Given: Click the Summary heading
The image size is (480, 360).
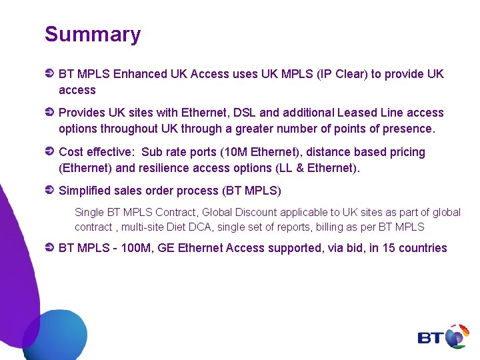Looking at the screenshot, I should (x=93, y=35).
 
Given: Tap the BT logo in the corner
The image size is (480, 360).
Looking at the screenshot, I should (x=443, y=337).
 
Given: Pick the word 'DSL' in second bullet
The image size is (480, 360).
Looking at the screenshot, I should (x=244, y=113).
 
